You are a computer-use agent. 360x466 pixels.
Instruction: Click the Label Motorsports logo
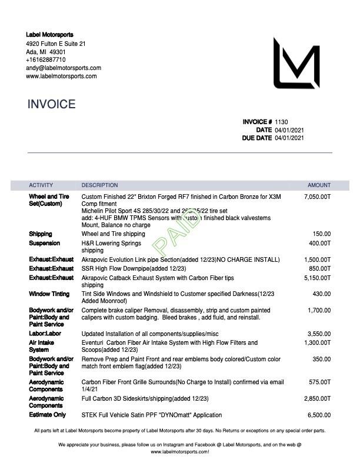[x=296, y=64]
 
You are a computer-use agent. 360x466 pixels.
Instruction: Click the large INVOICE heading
[x=51, y=105]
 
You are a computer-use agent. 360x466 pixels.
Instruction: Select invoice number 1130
[x=281, y=122]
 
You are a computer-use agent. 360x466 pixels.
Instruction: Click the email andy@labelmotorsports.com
[x=63, y=68]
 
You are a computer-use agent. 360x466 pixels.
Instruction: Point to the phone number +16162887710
[x=46, y=59]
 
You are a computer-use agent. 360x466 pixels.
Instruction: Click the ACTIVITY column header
[x=41, y=185]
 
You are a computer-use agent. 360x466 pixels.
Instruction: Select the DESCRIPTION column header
[x=99, y=185]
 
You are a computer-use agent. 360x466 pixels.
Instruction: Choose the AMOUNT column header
[x=319, y=185]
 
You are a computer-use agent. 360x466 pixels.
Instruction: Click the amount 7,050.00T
[x=318, y=197]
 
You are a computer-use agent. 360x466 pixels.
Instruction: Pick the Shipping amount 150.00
[x=322, y=234]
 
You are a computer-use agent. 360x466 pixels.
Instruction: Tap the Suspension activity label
[x=44, y=243]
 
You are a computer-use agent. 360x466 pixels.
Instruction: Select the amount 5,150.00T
[x=318, y=278]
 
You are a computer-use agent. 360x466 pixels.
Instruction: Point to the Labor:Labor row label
[x=45, y=334]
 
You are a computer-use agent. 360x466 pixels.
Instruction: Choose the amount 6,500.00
[x=319, y=415]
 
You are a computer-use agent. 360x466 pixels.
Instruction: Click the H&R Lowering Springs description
[x=111, y=243]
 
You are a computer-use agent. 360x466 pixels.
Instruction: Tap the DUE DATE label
[x=256, y=138]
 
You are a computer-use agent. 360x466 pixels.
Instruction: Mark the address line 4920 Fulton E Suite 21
[x=56, y=44]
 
